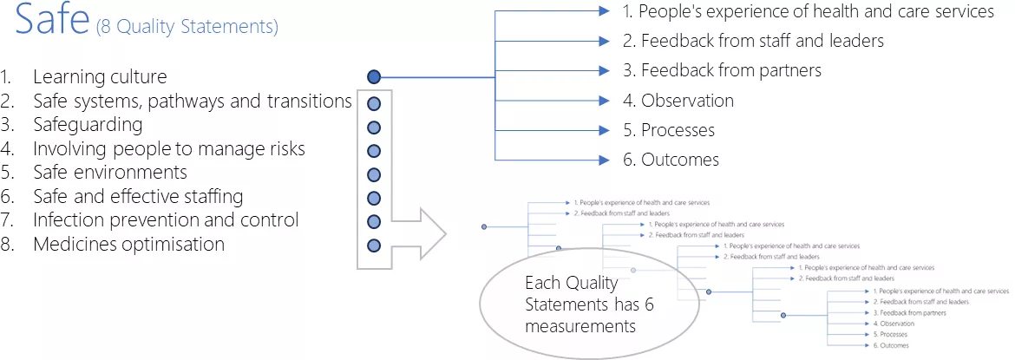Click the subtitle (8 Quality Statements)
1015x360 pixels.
click(x=187, y=27)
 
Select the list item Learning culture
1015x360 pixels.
click(x=100, y=77)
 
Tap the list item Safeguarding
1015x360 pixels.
click(x=88, y=125)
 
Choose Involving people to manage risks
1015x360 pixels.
click(x=169, y=149)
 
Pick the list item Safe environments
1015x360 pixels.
click(x=110, y=173)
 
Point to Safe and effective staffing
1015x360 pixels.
click(x=138, y=197)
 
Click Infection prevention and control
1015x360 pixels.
click(x=166, y=220)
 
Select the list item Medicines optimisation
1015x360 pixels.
click(x=128, y=245)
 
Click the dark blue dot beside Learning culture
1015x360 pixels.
click(x=374, y=77)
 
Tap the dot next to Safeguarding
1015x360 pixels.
click(x=374, y=127)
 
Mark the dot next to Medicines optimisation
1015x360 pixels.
click(x=374, y=245)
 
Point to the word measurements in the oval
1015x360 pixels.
click(x=580, y=326)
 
